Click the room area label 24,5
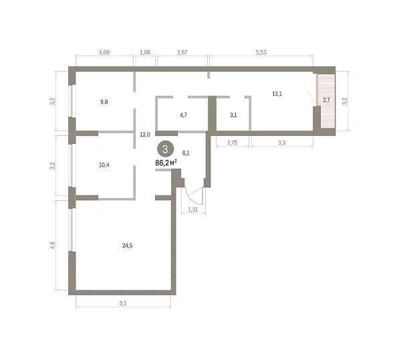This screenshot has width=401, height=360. click(127, 246)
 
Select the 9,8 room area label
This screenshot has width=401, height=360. click(104, 102)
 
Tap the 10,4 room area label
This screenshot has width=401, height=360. click(104, 165)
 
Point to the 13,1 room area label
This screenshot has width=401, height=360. click(277, 94)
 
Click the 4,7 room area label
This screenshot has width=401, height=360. click(183, 115)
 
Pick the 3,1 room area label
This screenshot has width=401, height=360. click(233, 115)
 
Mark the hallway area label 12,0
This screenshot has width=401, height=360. click(145, 134)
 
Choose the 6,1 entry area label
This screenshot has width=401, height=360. click(186, 153)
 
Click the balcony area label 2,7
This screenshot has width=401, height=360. click(326, 100)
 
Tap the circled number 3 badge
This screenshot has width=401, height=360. click(165, 149)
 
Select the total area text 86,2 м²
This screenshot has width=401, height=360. click(166, 163)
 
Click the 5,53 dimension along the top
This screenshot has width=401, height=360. click(261, 52)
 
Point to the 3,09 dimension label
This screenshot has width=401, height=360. click(104, 52)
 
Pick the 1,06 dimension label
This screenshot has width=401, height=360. click(145, 52)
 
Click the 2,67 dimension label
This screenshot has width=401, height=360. click(182, 52)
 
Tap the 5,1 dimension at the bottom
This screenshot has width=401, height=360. click(123, 303)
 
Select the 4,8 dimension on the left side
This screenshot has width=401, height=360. click(53, 246)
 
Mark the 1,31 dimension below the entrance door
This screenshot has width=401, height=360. click(193, 209)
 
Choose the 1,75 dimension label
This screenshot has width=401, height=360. click(232, 143)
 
